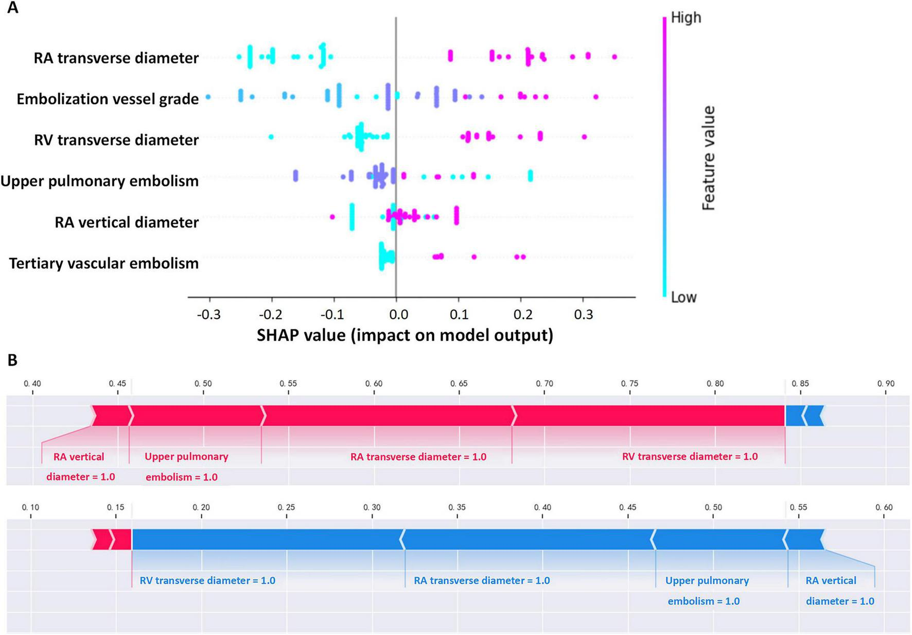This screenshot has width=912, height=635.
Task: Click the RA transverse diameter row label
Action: click(116, 58)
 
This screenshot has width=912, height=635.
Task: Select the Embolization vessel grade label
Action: click(108, 99)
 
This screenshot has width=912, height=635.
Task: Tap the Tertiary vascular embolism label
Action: click(103, 263)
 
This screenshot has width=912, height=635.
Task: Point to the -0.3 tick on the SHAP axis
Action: click(208, 314)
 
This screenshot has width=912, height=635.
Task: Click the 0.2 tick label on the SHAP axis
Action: click(522, 314)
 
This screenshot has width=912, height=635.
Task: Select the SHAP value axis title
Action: click(405, 335)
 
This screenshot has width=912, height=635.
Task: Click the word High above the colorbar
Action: click(686, 18)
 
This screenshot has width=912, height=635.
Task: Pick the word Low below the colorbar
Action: click(683, 297)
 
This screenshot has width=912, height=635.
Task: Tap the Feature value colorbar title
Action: click(709, 158)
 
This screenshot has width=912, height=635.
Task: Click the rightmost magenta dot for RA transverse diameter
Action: click(614, 57)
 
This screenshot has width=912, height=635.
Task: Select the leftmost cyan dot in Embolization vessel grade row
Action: click(208, 97)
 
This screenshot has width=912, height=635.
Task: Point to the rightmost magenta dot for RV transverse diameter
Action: click(584, 136)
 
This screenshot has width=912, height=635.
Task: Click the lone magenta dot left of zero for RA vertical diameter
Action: click(332, 217)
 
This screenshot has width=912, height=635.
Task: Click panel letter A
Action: click(12, 8)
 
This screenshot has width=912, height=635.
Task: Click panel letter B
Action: click(12, 360)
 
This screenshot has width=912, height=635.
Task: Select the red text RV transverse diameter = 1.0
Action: click(690, 456)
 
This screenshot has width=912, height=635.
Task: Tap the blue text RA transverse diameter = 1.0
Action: click(482, 580)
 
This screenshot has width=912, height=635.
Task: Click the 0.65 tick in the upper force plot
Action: click(459, 384)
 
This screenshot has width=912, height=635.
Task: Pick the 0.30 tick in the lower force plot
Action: click(372, 507)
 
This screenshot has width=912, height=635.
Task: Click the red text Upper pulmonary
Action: click(186, 456)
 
